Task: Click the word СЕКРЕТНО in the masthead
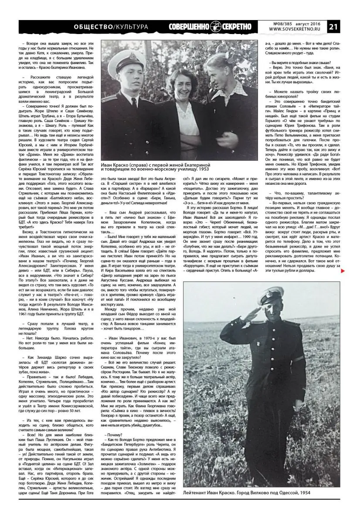237,27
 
